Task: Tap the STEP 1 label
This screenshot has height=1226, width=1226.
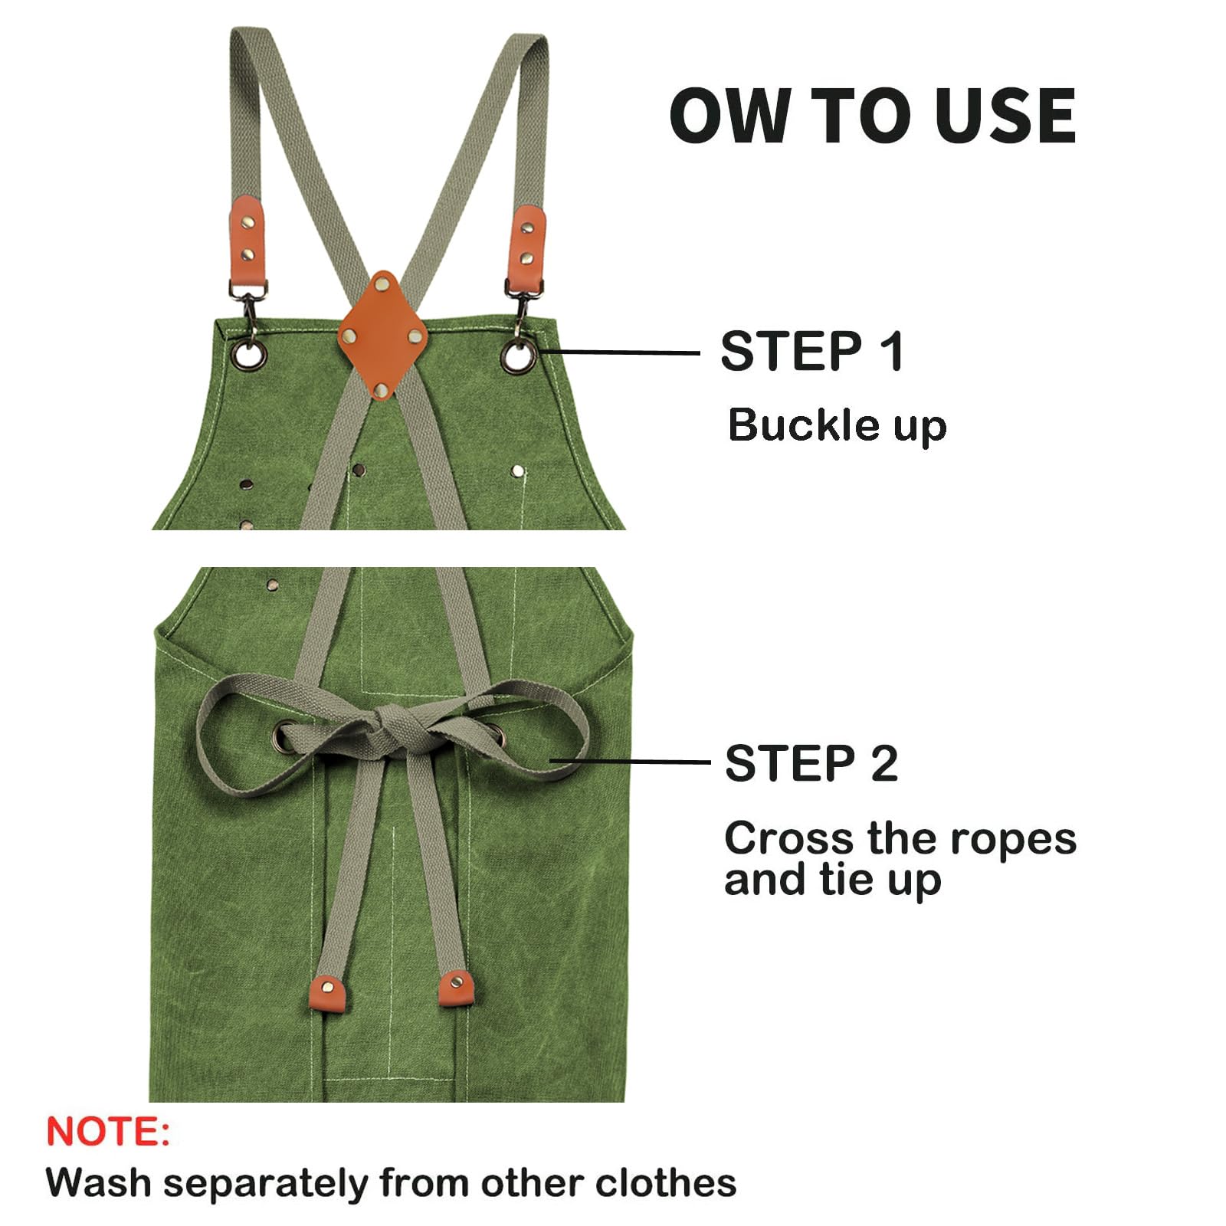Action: (x=812, y=351)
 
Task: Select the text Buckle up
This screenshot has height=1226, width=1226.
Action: (x=838, y=425)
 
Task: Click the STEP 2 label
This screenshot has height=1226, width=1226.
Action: (x=811, y=763)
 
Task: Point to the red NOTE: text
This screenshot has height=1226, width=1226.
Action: (x=108, y=1131)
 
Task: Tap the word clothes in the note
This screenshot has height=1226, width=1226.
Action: (x=665, y=1182)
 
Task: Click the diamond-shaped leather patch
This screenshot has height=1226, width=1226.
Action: (x=383, y=335)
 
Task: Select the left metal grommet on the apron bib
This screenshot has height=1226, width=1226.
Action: (x=250, y=355)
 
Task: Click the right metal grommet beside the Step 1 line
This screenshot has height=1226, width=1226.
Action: (x=519, y=356)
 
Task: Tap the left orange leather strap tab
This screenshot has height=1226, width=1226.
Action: (x=247, y=240)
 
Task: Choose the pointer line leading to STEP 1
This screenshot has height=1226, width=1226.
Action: (x=619, y=352)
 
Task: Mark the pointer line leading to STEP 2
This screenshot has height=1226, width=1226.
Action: (x=630, y=762)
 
